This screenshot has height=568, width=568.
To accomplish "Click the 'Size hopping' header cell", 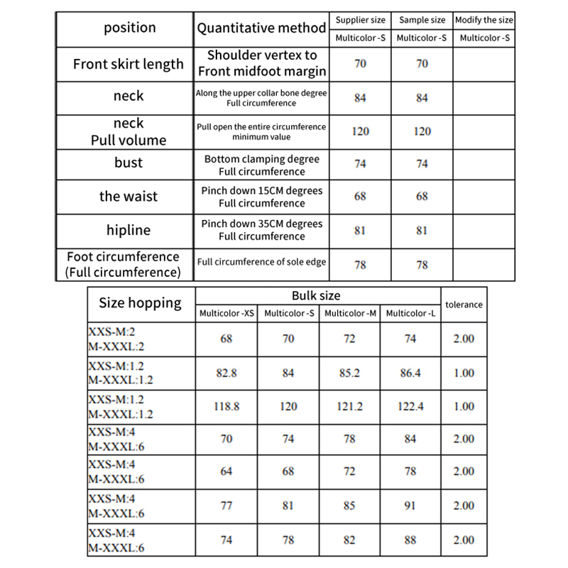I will pyautogui.click(x=140, y=303).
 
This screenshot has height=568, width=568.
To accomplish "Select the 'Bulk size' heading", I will pyautogui.click(x=316, y=295).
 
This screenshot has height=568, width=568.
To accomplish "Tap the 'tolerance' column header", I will pyautogui.click(x=464, y=305).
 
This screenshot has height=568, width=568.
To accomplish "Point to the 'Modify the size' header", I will pyautogui.click(x=484, y=20).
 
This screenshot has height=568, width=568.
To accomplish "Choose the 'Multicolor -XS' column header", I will pyautogui.click(x=226, y=313).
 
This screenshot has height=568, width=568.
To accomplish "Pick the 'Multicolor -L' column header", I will pyautogui.click(x=410, y=313).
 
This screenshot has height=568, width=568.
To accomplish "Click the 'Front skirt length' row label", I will pyautogui.click(x=128, y=64).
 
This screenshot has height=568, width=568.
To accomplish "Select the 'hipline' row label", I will pyautogui.click(x=128, y=230).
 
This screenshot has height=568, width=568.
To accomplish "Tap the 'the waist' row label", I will pyautogui.click(x=128, y=197).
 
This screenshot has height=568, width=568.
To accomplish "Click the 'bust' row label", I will pyautogui.click(x=128, y=163).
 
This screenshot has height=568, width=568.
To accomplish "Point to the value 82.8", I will pyautogui.click(x=226, y=373).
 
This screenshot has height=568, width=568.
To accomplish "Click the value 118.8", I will pyautogui.click(x=226, y=407).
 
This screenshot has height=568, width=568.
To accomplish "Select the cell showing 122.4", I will pyautogui.click(x=410, y=407).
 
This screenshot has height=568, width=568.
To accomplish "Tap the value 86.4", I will pyautogui.click(x=410, y=373).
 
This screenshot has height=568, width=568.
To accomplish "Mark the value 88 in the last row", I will pyautogui.click(x=410, y=540).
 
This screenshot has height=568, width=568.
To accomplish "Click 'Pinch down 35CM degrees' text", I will pyautogui.click(x=261, y=224).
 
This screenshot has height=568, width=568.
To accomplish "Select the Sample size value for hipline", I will pyautogui.click(x=422, y=231).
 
